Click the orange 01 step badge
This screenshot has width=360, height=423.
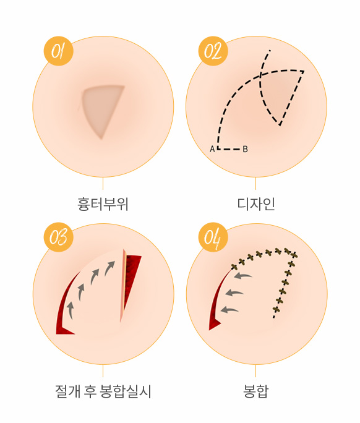pos(59,51)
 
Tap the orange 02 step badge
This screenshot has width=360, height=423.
pos(213,51)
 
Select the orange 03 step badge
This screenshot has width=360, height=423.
pos(59,237)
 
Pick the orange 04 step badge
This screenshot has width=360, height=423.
pos(213,237)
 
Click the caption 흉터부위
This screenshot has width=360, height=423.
pos(103,204)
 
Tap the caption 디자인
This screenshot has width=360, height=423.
pos(256,204)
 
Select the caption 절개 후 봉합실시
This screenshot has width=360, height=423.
pos(103,391)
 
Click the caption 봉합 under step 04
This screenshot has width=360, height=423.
pos(256,391)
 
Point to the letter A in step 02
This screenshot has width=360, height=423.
pos(212,149)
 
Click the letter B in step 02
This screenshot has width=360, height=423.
pos(245,149)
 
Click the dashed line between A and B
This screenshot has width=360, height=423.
pos(229,149)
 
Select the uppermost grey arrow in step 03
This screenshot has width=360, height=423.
pos(110,268)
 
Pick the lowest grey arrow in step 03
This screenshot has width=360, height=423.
pos(71,310)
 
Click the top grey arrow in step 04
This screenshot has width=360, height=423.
pos(242,276)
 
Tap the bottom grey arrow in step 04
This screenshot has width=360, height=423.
pos(229,310)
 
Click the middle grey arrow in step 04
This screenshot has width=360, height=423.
pos(234,293)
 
